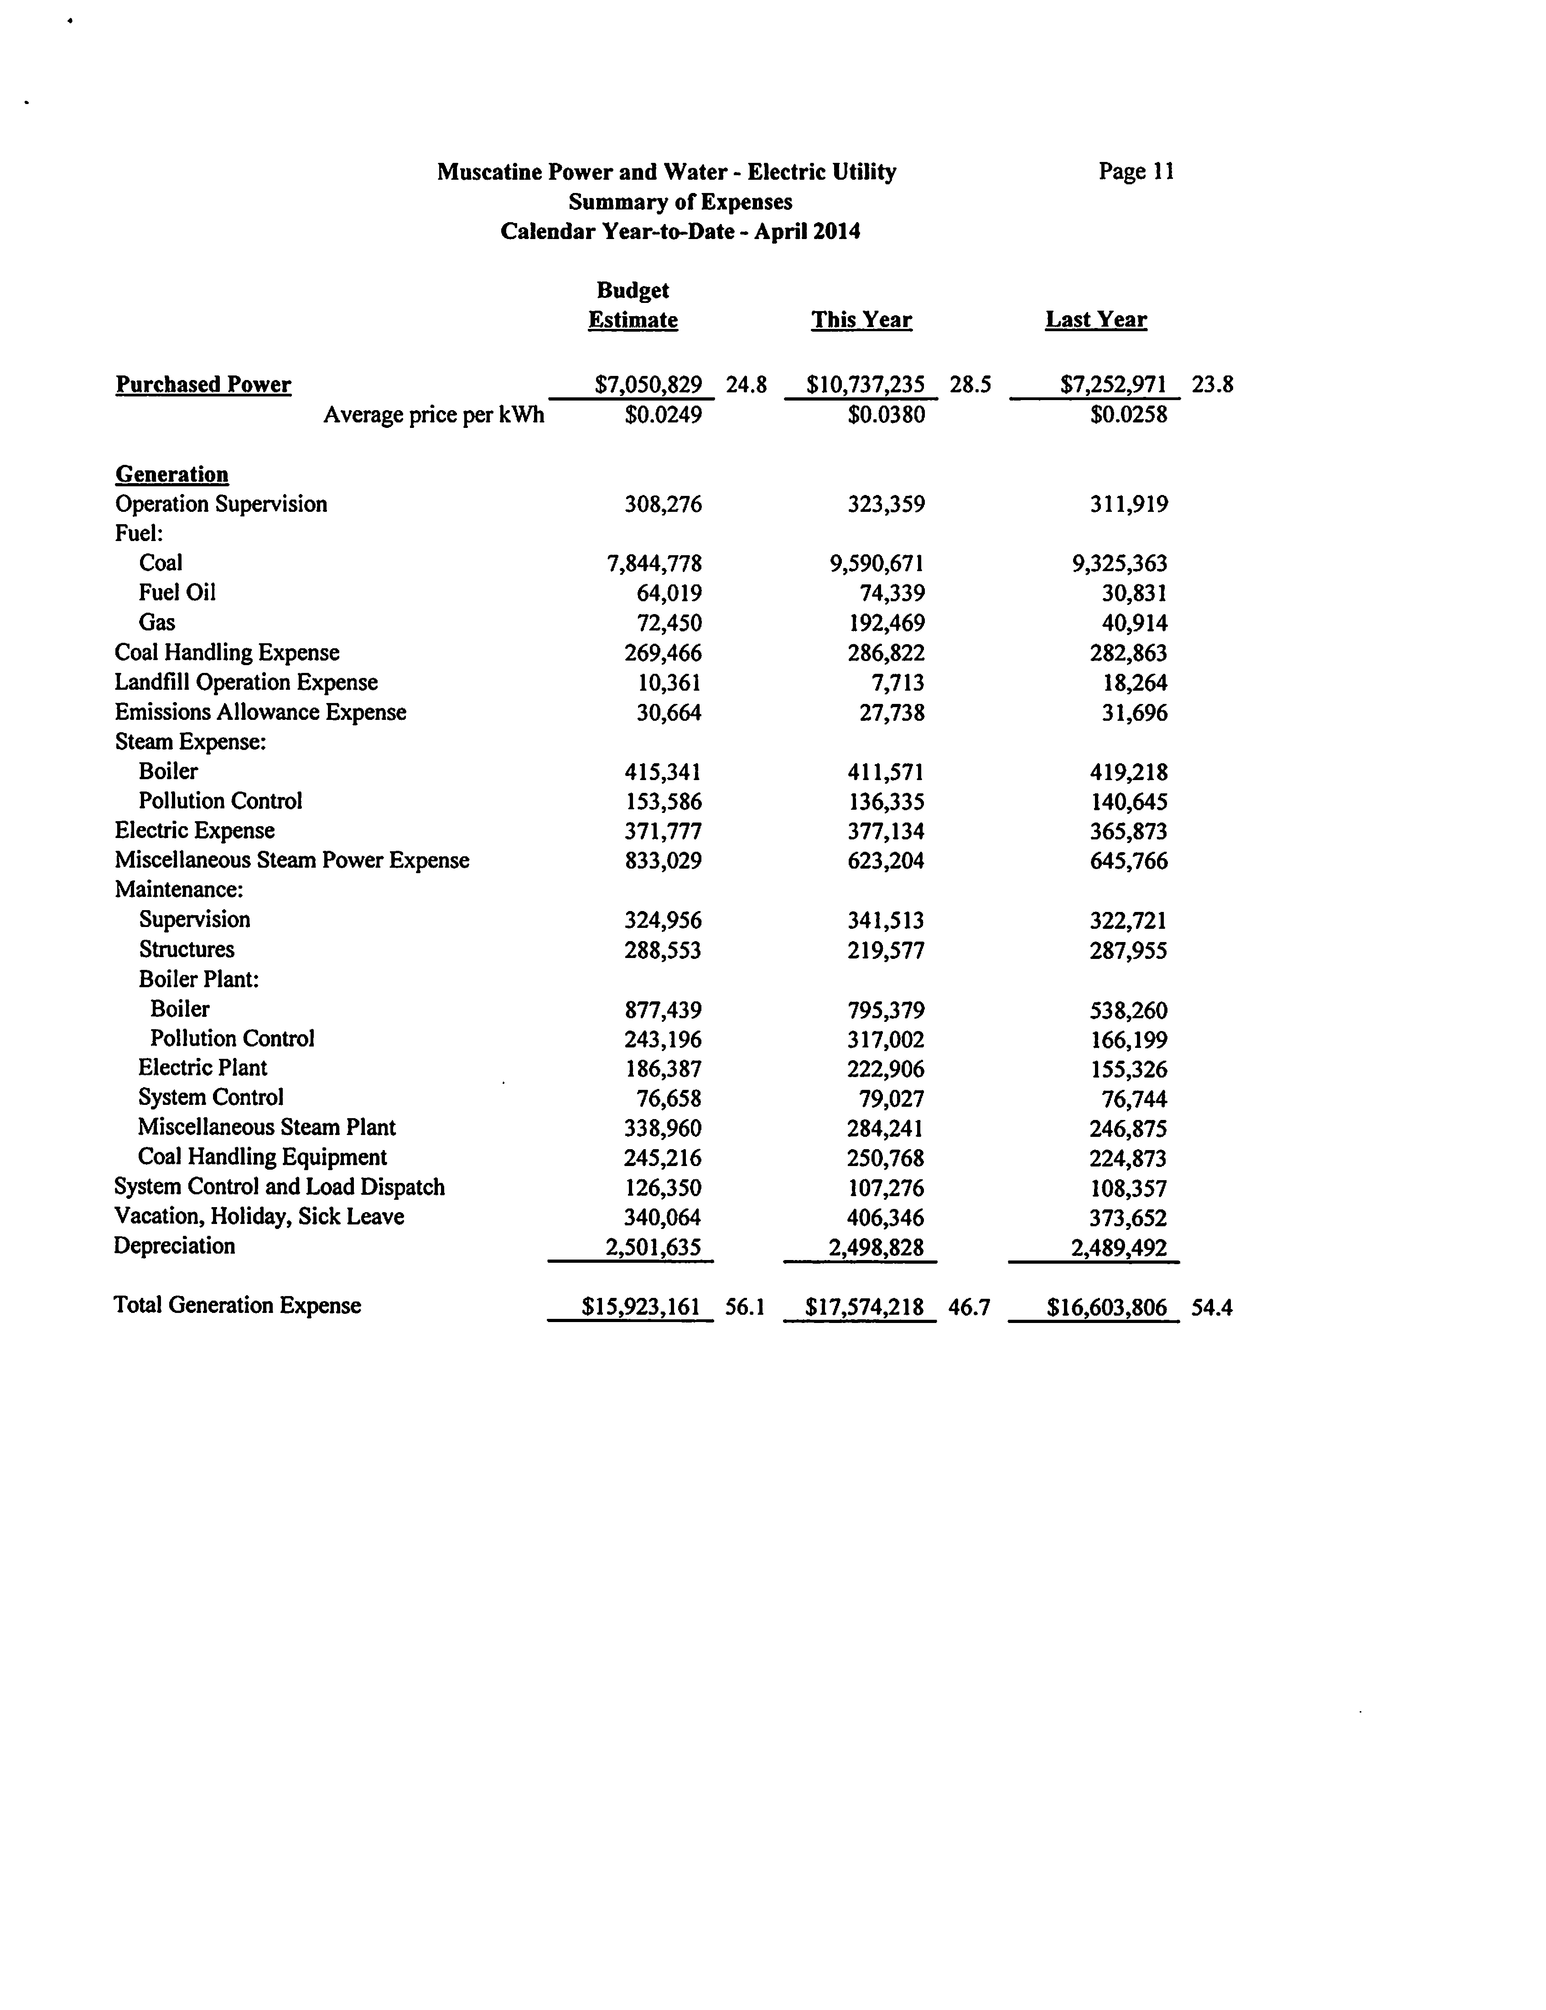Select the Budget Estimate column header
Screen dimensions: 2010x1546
(x=633, y=306)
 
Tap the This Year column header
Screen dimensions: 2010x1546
(x=861, y=320)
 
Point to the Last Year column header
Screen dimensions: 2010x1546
(x=1096, y=320)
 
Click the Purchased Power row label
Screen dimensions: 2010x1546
(x=203, y=385)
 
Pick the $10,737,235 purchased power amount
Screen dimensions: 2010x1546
(x=865, y=385)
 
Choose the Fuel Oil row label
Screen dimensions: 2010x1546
(x=177, y=593)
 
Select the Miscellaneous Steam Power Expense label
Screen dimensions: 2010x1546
(x=292, y=860)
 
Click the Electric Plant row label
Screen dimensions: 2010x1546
(x=202, y=1068)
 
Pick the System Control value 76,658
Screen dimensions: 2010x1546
(x=669, y=1099)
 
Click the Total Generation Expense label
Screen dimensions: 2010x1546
(x=238, y=1306)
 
